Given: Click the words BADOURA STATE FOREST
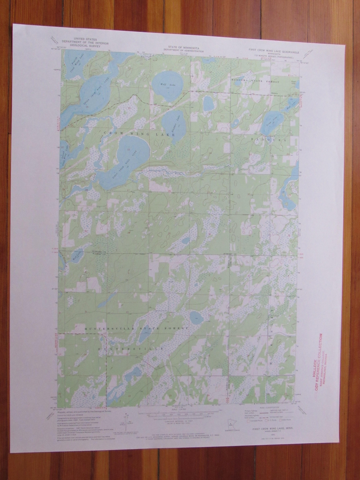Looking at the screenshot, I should (255, 82).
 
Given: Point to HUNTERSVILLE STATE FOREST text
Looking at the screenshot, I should (136, 329).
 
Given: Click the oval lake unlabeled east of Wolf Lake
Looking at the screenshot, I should (208, 104).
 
